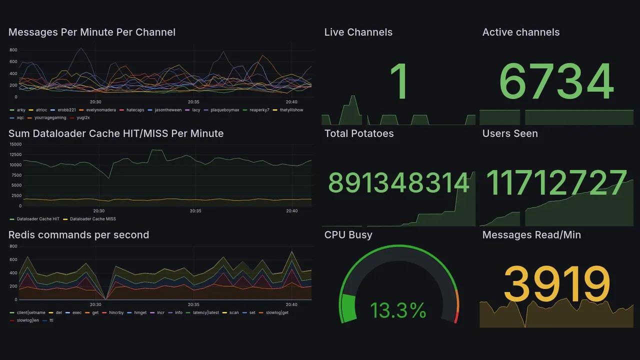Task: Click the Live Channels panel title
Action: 358,32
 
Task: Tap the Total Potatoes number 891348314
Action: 398,182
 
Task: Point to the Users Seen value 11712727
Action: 556,182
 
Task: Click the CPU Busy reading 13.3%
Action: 398,310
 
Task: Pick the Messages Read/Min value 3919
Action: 556,284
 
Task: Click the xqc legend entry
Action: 20,118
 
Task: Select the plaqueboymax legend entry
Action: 224,110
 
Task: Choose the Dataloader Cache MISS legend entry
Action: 92,219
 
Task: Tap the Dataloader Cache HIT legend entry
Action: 38,219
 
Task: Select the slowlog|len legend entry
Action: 28,320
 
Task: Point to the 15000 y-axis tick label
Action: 15,144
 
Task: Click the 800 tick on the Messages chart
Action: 13,50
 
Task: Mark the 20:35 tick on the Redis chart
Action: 193,304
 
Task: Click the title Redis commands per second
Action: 78,235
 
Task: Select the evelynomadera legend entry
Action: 100,110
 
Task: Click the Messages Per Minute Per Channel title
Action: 92,32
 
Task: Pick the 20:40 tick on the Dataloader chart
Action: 291,211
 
